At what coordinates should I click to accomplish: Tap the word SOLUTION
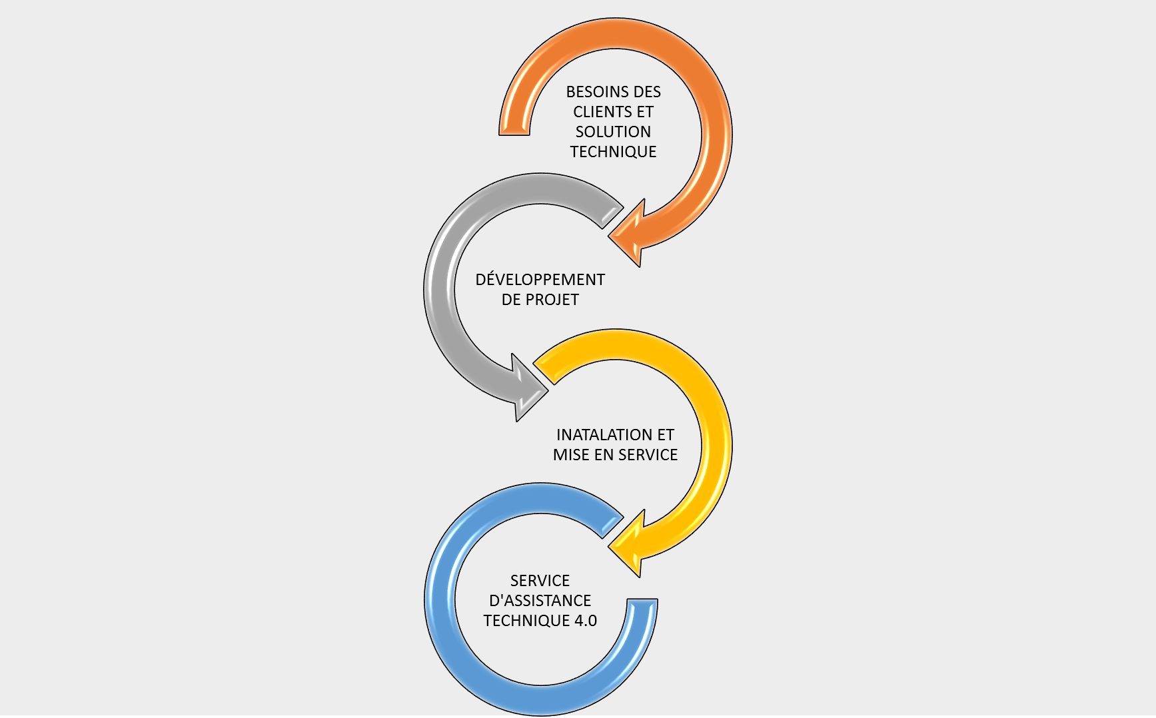[613, 132]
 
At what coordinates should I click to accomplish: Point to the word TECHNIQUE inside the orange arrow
[613, 152]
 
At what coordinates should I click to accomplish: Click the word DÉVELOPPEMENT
[540, 280]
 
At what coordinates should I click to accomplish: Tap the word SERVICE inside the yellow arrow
[648, 455]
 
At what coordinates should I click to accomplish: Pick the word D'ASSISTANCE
[540, 601]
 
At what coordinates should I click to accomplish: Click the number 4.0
[586, 621]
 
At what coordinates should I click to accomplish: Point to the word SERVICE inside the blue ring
[540, 581]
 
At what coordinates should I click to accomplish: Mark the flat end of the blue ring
[642, 599]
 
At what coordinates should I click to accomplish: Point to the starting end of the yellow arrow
[544, 373]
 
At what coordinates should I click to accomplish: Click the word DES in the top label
[648, 92]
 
